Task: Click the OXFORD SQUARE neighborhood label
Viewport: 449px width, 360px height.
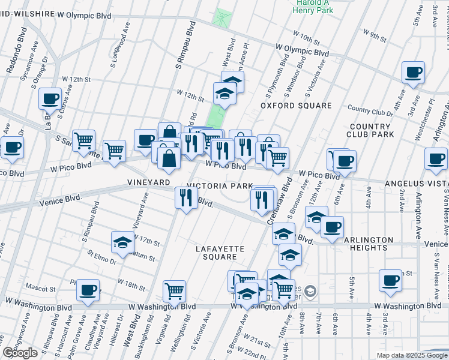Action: [296, 106]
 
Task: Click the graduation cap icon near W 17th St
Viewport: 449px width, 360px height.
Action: [122, 242]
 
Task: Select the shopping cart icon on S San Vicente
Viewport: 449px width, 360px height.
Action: [83, 140]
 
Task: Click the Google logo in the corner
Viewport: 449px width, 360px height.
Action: [20, 353]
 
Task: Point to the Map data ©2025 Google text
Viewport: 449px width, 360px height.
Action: [411, 355]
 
